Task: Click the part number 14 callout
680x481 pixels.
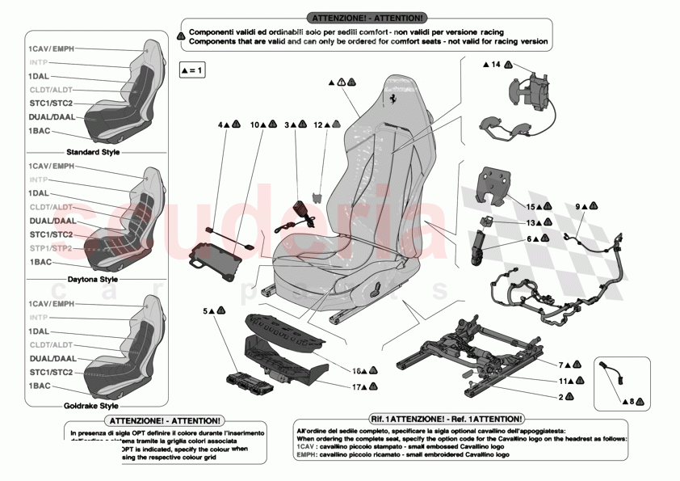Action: click(x=496, y=64)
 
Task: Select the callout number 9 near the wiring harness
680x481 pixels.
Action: click(x=578, y=207)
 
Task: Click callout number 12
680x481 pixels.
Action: click(x=317, y=125)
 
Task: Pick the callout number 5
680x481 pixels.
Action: click(x=206, y=310)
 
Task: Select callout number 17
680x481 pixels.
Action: click(x=356, y=386)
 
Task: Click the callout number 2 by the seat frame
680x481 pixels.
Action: click(x=560, y=397)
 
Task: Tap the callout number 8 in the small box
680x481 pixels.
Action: click(x=631, y=399)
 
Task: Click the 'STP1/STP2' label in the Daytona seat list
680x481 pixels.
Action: click(x=51, y=247)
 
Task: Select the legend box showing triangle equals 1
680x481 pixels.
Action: click(x=191, y=71)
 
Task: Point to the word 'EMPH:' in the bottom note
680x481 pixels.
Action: click(x=306, y=455)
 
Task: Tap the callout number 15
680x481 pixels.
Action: click(x=531, y=208)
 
